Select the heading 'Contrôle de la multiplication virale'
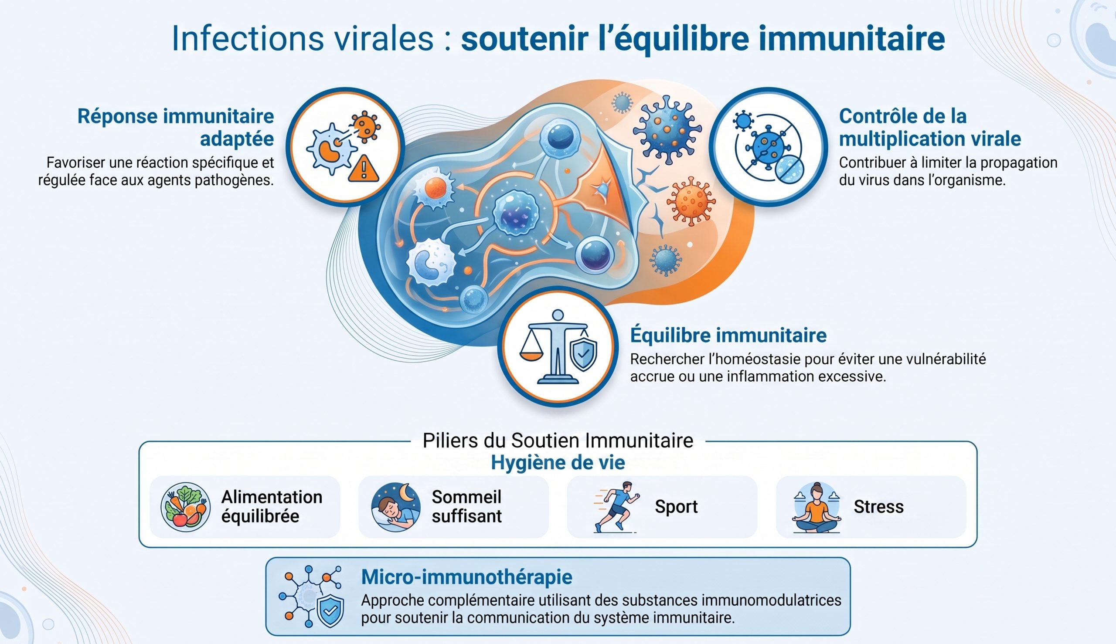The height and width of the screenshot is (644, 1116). click(x=930, y=127)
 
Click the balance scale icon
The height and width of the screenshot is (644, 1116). click(x=549, y=347)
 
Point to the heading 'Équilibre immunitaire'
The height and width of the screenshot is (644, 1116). click(x=728, y=335)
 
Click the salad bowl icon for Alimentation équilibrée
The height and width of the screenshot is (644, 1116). click(x=185, y=506)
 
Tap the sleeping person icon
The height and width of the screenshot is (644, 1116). click(x=395, y=507)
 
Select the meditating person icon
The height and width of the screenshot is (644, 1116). click(x=817, y=507)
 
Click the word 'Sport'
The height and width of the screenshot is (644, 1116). click(x=676, y=507)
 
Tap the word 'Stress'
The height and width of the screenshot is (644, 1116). click(x=878, y=507)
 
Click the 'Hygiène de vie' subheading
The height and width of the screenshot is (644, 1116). click(x=558, y=463)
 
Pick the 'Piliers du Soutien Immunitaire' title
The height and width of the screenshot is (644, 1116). click(x=558, y=441)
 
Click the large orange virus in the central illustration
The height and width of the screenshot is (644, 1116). click(x=691, y=201)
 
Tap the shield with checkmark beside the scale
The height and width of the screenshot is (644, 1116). click(x=584, y=354)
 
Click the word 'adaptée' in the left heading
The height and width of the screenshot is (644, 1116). click(x=237, y=139)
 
